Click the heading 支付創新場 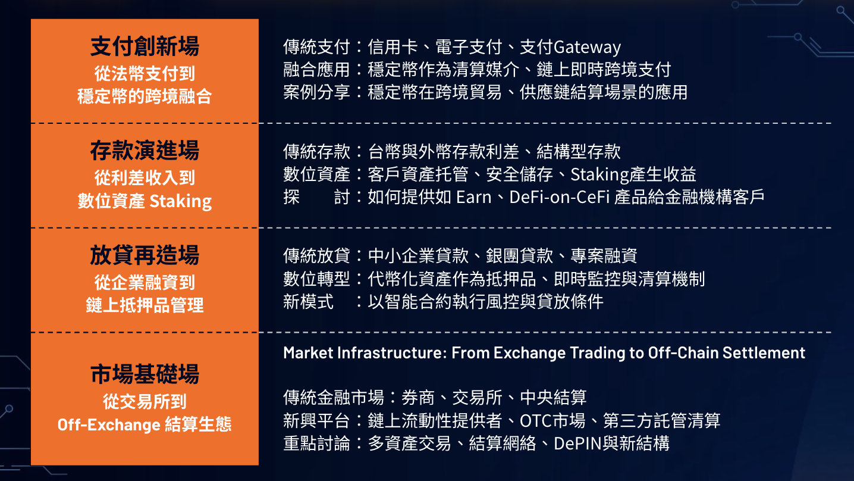(145, 46)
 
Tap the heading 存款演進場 (145, 151)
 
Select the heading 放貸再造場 (145, 255)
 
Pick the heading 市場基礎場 (145, 374)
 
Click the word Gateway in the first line (588, 48)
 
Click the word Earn (474, 197)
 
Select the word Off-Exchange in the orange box (109, 424)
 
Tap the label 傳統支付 (316, 47)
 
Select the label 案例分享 (316, 92)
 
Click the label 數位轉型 (316, 279)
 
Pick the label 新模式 (308, 302)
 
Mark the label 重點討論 (316, 443)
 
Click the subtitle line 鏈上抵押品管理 (145, 305)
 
